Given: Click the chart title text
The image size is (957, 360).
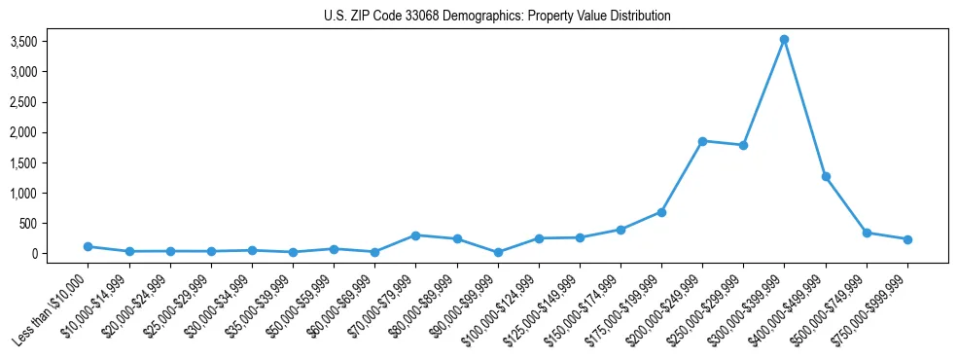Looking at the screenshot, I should click(497, 17).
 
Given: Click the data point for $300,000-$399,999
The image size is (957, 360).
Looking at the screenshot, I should click(784, 40).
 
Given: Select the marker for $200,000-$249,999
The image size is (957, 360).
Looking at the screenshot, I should click(702, 141).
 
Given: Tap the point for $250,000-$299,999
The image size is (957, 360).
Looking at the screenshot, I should click(743, 145).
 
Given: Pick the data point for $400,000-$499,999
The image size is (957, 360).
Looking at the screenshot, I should click(826, 177).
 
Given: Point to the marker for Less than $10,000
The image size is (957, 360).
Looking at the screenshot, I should click(88, 247).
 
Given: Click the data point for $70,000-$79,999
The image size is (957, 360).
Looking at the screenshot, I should click(415, 235).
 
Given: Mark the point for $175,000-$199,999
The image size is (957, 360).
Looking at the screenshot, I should click(661, 212).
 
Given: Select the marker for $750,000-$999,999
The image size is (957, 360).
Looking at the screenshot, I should click(907, 239).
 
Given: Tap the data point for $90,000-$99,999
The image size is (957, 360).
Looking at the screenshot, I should click(498, 252).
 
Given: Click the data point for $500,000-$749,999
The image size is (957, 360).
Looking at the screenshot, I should click(867, 233).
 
